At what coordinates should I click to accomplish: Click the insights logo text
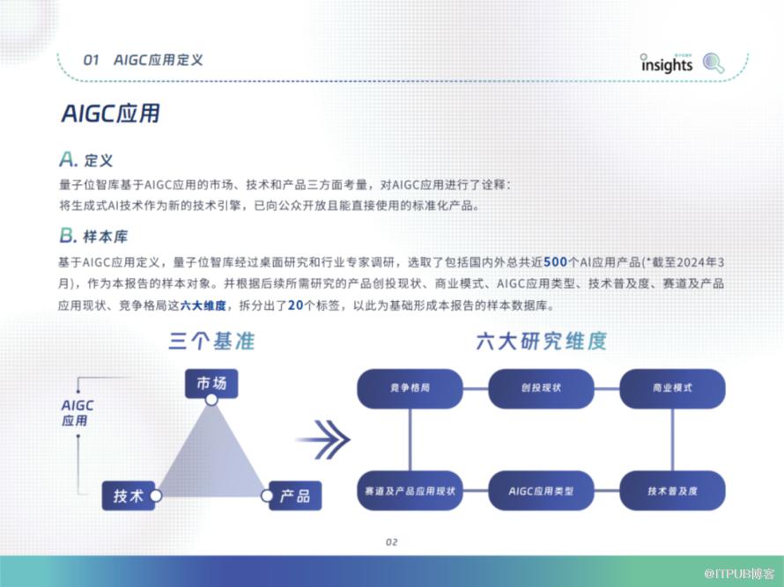coord(667,63)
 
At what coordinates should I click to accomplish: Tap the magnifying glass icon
coord(714,63)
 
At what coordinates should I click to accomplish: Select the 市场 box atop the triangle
coord(211,383)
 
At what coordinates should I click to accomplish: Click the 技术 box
coord(129,495)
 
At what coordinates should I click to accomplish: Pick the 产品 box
coord(295,495)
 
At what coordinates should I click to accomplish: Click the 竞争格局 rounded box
coord(410,388)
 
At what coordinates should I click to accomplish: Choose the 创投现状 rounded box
coord(541,388)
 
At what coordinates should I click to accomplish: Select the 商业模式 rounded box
coord(672,388)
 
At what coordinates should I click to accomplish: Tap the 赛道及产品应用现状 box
coord(410,490)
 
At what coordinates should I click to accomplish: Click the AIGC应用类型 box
coord(541,490)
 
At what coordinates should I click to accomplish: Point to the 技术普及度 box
coord(672,490)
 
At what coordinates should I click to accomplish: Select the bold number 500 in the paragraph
coord(555,262)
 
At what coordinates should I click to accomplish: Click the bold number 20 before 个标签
coord(296,305)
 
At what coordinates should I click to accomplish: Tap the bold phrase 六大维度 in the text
coord(203,305)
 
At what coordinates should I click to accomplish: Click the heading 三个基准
coord(211,341)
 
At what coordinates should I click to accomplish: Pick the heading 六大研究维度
coord(542,341)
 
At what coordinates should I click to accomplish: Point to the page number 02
coord(391,542)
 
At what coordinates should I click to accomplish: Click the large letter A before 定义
coord(68,159)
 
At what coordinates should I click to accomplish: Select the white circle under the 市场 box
coord(211,400)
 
